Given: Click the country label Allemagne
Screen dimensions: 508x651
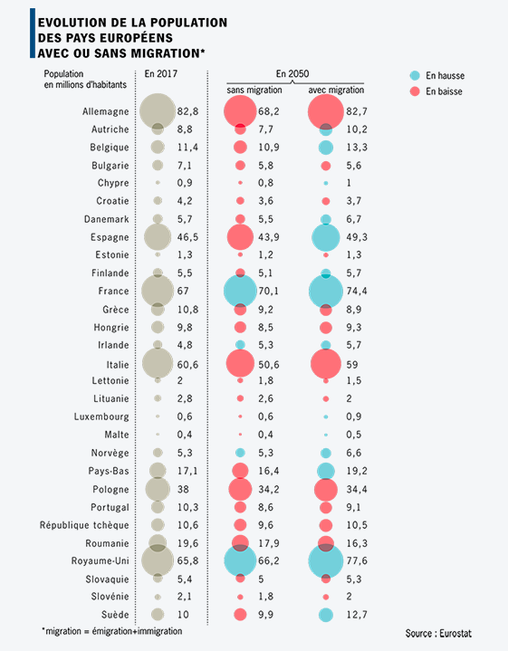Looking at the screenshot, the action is coord(106,111).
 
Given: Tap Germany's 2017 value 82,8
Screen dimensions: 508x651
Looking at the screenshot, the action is coord(187,111).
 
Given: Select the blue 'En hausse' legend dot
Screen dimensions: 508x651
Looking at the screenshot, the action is coord(415,75).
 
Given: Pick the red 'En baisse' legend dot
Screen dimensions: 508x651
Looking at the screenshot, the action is coord(415,91).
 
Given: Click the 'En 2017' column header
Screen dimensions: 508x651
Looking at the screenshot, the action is coord(161,74).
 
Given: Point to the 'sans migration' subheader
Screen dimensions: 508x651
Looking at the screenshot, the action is coord(254,91).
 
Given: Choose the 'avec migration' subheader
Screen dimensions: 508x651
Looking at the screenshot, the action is coord(336,91).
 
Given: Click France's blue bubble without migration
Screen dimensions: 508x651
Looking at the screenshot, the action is coord(240,291).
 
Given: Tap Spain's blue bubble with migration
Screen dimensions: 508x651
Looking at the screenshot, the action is coord(326,237).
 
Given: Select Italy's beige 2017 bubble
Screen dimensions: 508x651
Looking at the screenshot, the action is coord(158,363).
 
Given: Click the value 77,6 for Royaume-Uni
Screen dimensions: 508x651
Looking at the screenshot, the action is coord(357,560).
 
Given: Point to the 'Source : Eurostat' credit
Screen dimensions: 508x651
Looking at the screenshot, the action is coord(438,634).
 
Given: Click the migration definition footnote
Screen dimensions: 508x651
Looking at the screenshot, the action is coord(112,631).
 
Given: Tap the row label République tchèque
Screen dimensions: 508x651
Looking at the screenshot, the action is coord(84,525).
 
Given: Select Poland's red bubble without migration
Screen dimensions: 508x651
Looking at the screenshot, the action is coord(240,489).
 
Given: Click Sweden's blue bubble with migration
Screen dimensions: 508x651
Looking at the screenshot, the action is coord(326,615).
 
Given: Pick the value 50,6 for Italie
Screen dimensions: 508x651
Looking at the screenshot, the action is coord(269,365).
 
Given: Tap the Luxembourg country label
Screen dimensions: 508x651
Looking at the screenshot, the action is coord(101,416).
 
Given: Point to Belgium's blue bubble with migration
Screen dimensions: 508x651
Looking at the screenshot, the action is coord(326,148).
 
